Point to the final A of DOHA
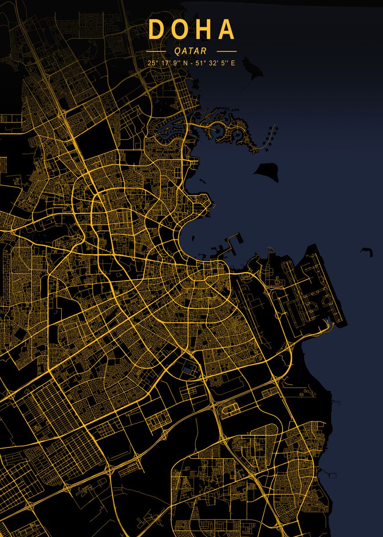[x=226, y=30]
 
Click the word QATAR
[x=191, y=51]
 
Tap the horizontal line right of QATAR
[x=226, y=51]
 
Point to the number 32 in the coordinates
[x=213, y=63]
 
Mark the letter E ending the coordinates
[x=233, y=63]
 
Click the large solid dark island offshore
[x=268, y=171]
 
